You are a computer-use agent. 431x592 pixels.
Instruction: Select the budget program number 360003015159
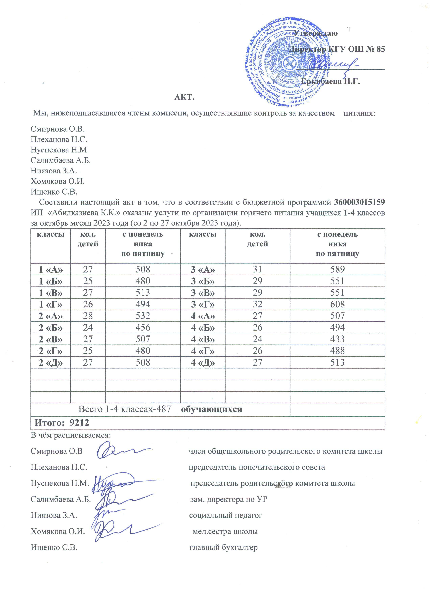coord(360,202)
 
